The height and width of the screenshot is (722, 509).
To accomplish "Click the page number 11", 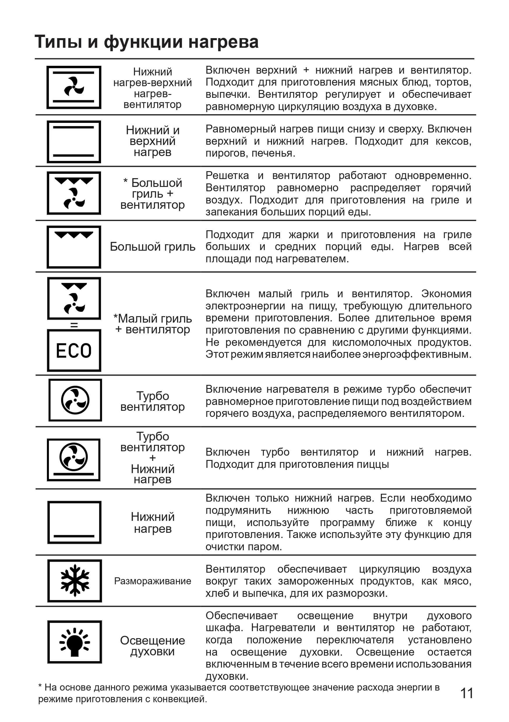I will pos(466,693).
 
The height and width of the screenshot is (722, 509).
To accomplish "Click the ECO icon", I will pos(74,351).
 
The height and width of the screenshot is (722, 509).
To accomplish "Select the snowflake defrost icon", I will pos(75,581).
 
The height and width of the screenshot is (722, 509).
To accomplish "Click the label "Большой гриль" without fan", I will pos(153,247).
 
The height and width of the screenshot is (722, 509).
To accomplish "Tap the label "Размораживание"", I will pos(153,581).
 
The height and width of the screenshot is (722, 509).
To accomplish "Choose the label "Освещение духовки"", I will pos(153,646).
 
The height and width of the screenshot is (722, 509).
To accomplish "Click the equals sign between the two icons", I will pos(74,325).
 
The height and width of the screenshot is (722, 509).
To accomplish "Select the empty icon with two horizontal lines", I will pos(74,141).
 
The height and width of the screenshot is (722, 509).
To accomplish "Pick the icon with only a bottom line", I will pos(74,522).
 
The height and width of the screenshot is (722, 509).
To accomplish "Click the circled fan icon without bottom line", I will pos(75,400).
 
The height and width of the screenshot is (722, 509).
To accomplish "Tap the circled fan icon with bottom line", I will pos(74,459).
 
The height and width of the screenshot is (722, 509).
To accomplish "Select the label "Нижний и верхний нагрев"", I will pos(153,141).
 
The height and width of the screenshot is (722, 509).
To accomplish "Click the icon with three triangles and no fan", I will pos(74,247).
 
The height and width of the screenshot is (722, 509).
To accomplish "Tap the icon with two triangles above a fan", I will pos(74,298).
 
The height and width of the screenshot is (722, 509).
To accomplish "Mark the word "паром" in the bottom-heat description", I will pos(266,547).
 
